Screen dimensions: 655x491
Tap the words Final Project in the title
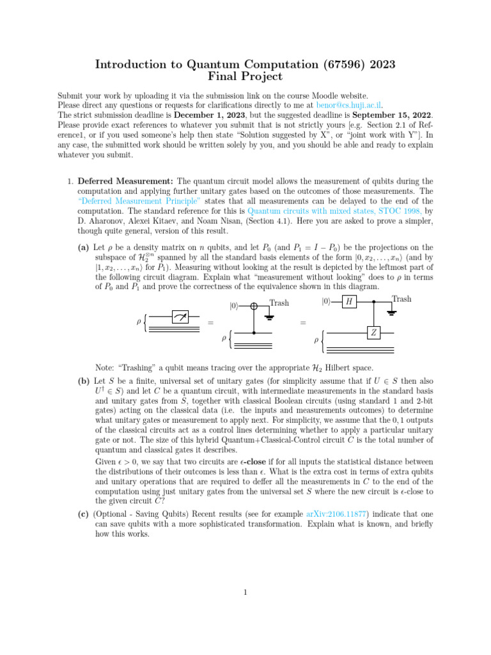point(245,77)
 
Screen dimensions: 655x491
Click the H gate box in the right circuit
point(348,301)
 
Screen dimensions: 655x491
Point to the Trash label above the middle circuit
point(279,303)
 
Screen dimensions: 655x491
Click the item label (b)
point(84,381)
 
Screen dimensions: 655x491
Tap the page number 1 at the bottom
point(245,592)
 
